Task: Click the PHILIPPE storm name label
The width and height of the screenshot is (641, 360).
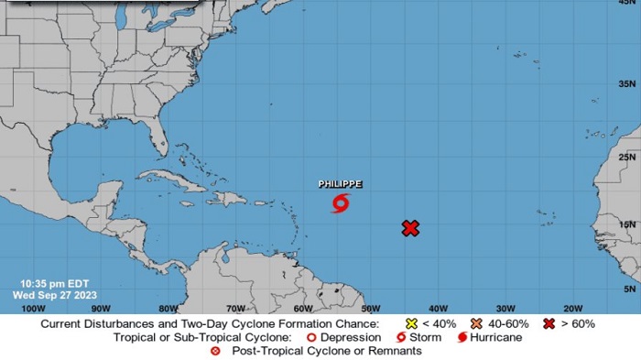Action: tap(340, 184)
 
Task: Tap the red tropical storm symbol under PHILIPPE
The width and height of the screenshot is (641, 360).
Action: tap(340, 202)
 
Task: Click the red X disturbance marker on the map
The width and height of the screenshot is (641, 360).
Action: tap(410, 228)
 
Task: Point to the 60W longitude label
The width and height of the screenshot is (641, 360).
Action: tap(302, 308)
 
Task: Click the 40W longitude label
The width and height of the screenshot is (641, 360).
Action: tap(438, 308)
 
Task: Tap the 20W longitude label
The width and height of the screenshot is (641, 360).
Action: tap(573, 308)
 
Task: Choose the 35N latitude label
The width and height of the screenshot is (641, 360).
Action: tap(627, 84)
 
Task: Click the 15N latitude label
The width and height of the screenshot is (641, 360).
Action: tap(627, 224)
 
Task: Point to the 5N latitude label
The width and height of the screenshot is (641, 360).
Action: tap(629, 289)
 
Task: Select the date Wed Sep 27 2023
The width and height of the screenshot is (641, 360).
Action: tap(51, 295)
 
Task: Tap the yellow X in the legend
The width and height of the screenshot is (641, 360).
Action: tap(411, 323)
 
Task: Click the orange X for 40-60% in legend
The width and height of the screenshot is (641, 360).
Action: tap(477, 323)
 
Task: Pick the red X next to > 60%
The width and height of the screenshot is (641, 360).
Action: tap(549, 323)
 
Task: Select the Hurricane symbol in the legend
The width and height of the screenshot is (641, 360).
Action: tap(461, 337)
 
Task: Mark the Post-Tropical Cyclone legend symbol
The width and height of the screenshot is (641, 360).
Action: tap(217, 351)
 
